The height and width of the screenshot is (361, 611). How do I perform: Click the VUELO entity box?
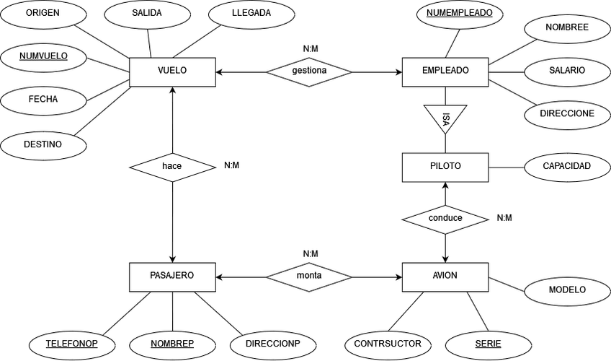171,71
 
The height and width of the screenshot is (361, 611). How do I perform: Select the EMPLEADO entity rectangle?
445,71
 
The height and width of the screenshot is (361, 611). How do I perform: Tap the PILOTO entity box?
445,167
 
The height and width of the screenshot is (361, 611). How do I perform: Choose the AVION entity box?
445,276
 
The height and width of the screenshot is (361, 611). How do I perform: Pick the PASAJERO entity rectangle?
171,276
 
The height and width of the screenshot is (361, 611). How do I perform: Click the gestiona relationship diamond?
309,71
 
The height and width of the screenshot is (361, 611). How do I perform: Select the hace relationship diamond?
171,167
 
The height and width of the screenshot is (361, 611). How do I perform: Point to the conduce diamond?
445,217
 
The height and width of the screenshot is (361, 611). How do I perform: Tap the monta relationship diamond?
309,276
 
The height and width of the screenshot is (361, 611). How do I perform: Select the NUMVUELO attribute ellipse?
43,56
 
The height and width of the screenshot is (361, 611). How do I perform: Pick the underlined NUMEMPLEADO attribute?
459,14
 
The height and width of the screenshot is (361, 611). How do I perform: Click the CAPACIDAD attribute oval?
567,167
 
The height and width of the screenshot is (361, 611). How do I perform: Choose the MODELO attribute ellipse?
567,290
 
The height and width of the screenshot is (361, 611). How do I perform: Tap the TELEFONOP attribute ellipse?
71,344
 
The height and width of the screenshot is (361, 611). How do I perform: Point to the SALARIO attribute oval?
567,71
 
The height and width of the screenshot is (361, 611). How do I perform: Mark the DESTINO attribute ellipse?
43,144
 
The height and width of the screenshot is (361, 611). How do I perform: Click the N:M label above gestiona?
311,49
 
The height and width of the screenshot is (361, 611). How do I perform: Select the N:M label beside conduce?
504,217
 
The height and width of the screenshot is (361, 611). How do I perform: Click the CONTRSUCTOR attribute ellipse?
388,344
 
